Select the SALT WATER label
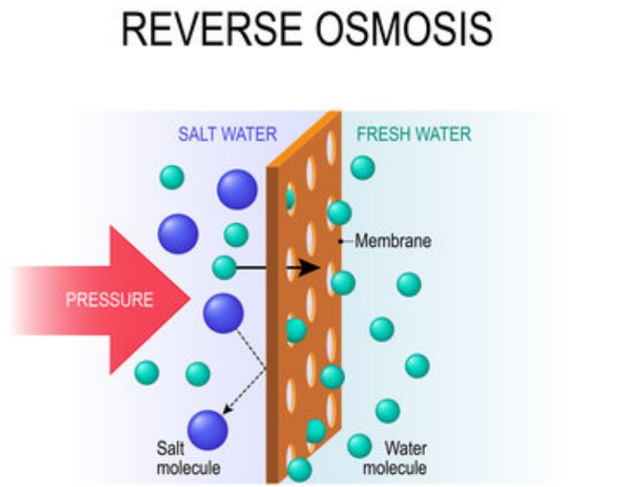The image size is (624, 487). tap(227, 134)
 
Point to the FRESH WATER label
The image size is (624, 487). tap(414, 134)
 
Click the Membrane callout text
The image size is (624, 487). tap(393, 242)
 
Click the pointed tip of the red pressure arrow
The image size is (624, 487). tap(190, 293)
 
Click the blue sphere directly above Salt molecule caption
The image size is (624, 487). tap(207, 430)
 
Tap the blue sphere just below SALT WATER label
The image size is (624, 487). tap(237, 189)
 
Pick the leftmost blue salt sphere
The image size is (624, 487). tap(178, 233)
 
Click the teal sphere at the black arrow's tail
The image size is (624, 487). tap(224, 267)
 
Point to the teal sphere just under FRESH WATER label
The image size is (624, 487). tap(363, 167)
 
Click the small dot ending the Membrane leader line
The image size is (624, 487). tap(339, 242)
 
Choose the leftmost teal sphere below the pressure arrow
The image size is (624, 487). tap(146, 372)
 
